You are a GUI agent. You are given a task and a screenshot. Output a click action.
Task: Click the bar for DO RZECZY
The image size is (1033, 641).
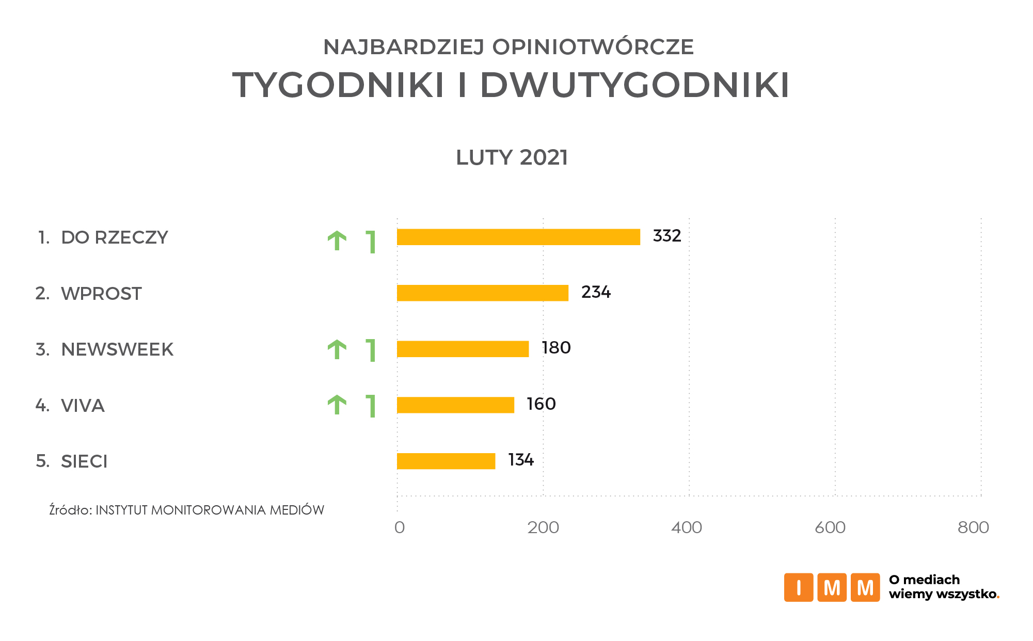coord(518,237)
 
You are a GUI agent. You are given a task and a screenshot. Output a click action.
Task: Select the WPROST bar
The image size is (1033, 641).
coord(483,293)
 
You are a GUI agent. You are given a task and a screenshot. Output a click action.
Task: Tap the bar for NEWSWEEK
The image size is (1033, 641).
coord(463,349)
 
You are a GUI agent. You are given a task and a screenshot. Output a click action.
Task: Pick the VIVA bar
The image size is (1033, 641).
coord(455,405)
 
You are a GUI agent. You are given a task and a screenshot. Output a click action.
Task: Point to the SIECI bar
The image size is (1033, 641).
coord(446,461)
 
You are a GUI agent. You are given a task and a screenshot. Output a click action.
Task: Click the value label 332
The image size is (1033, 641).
coord(667,236)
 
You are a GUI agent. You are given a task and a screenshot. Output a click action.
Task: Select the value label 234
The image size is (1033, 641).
coord(596,292)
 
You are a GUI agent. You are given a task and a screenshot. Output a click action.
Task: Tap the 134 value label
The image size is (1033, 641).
coord(521,460)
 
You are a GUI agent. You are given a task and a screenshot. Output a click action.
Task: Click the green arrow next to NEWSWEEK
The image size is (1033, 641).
coord(337,349)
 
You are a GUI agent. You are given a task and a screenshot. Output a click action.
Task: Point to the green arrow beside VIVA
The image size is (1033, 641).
coord(337,405)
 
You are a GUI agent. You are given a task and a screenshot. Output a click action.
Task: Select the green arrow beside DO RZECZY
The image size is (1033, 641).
coord(337,241)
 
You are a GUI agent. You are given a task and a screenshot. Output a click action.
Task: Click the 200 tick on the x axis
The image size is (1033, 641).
coord(543,527)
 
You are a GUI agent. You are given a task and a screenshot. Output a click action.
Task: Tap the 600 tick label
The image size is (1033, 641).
coord(830,527)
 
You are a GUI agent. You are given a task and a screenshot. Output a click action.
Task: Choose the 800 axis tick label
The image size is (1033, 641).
coord(973,527)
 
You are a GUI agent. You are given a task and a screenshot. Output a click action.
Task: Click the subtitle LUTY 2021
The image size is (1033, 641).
coord(512,157)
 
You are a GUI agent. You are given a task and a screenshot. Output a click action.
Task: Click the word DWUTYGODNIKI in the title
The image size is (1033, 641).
coord(634,85)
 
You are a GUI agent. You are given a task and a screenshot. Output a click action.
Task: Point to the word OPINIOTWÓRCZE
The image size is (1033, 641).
coord(593,47)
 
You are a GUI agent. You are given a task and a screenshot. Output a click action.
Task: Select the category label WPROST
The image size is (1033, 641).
coord(101,294)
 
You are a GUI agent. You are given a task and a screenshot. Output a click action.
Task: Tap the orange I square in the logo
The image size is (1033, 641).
coord(799,587)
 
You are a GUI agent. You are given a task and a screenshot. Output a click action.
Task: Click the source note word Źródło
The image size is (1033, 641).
coord(70,510)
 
